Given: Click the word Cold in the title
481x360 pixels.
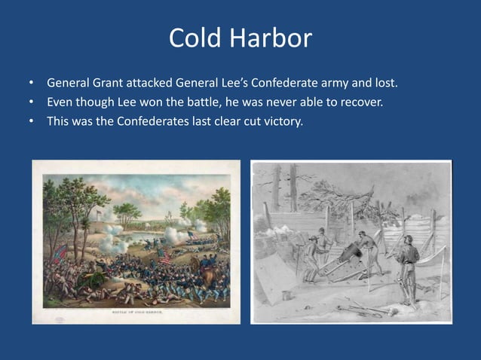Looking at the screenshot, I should (194, 38).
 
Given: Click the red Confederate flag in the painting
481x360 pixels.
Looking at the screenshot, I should (59, 253).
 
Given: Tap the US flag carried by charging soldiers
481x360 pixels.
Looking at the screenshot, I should (165, 257).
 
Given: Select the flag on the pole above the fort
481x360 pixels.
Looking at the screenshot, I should (97, 214).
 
